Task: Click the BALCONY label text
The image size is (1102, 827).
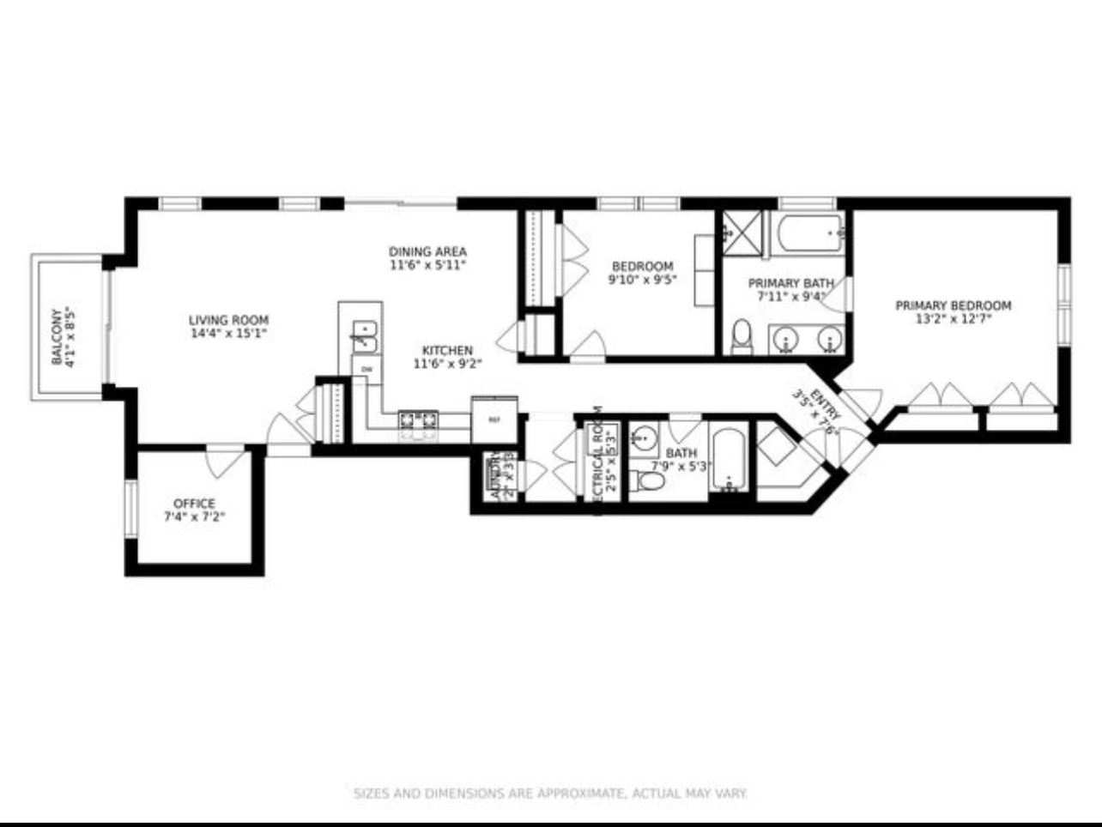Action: click(58, 336)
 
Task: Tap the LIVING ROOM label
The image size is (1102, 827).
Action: click(228, 320)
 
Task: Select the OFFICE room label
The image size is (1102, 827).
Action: click(194, 504)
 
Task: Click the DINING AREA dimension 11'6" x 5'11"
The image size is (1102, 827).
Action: click(427, 266)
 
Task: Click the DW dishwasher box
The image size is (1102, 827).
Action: click(366, 369)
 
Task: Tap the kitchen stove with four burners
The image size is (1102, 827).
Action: click(418, 420)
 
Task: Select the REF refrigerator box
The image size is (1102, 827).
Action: click(493, 420)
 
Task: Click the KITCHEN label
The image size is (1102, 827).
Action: click(447, 350)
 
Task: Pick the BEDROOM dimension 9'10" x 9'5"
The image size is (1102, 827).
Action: click(642, 279)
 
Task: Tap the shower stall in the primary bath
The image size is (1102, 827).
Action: click(742, 232)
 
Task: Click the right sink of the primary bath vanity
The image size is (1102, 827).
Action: click(828, 339)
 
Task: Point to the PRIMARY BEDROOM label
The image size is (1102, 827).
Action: click(953, 305)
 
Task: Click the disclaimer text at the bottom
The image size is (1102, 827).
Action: click(550, 794)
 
